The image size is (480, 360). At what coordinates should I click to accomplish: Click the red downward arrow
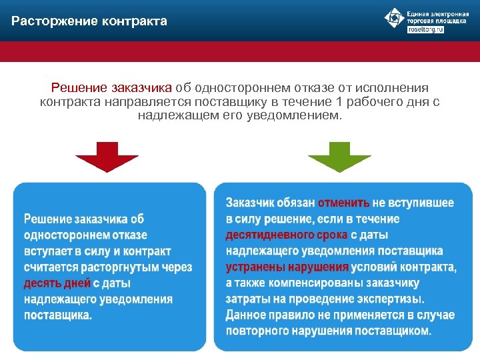pyautogui.click(x=107, y=157)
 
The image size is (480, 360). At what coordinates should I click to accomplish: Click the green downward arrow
pyautogui.click(x=339, y=157)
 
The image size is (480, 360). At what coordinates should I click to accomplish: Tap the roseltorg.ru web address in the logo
pyautogui.click(x=425, y=30)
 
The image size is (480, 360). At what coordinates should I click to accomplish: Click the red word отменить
pyautogui.click(x=343, y=203)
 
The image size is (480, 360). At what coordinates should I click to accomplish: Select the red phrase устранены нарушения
pyautogui.click(x=287, y=267)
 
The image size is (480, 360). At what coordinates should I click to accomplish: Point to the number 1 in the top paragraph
pyautogui.click(x=341, y=101)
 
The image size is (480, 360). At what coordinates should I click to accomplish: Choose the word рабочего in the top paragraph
pyautogui.click(x=375, y=101)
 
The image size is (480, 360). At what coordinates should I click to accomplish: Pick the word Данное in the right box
pyautogui.click(x=246, y=315)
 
